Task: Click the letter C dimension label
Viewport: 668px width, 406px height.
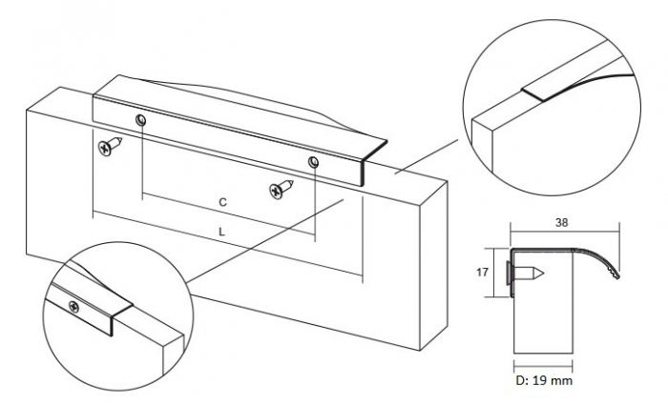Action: coord(221,203)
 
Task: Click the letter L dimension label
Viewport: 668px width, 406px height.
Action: coord(221,232)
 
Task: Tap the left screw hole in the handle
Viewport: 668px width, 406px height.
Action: coord(141,120)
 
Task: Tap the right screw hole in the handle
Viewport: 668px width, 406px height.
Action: coord(312,163)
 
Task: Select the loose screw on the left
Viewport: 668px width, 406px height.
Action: coord(107,147)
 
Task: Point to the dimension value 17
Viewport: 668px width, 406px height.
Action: coord(482,272)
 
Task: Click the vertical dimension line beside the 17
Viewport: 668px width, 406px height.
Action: coord(498,272)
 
